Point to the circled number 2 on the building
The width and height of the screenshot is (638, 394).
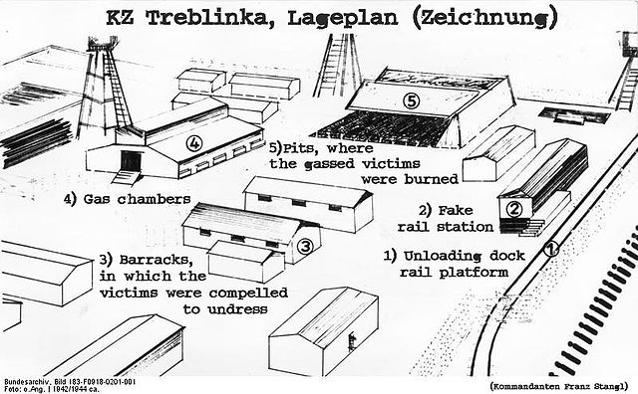pyautogui.click(x=514, y=209)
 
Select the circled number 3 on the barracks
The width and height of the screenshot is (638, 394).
pyautogui.click(x=305, y=245)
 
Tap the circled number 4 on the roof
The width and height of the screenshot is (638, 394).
pyautogui.click(x=194, y=143)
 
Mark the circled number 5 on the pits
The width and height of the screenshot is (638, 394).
pyautogui.click(x=410, y=99)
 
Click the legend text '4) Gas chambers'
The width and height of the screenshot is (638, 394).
pyautogui.click(x=127, y=199)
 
